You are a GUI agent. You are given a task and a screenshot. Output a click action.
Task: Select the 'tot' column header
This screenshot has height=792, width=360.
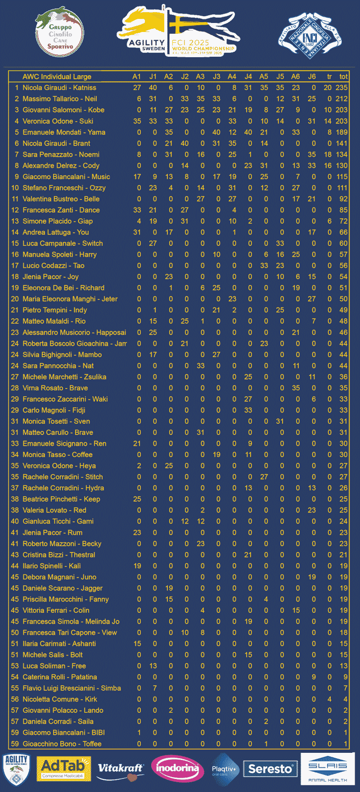coord(343,77)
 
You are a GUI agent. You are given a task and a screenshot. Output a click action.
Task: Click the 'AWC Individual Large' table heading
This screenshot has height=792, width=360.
coord(57,77)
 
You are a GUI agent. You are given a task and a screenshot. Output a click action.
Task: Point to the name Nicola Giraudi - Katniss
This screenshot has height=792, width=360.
coord(59,88)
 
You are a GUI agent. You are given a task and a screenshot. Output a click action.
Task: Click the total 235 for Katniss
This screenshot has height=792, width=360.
coord(342,88)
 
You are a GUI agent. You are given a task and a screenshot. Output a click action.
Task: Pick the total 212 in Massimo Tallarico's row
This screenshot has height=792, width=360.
coord(342,99)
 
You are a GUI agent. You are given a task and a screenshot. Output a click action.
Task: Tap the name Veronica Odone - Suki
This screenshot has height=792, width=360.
coord(58,121)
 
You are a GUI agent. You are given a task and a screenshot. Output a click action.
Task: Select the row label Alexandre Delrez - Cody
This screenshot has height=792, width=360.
coord(61,166)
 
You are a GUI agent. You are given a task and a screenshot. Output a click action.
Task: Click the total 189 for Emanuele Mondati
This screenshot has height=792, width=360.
coord(342,132)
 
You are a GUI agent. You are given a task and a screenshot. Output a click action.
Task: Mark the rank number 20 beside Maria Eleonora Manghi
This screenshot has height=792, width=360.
coord(15,299)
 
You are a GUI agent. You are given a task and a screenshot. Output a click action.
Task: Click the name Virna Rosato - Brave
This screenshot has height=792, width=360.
coord(55,388)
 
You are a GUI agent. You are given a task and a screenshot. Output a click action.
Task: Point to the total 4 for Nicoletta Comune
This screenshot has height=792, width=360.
coord(345,699)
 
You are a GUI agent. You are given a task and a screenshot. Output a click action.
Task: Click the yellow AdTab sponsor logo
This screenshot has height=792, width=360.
coord(63,769)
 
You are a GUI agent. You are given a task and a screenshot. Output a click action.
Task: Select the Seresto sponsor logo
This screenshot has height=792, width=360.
coord(270,769)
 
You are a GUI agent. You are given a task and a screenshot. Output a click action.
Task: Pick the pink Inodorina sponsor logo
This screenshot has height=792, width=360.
coord(177,768)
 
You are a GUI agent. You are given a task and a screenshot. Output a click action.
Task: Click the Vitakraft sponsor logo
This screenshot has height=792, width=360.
coord(121,769)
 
